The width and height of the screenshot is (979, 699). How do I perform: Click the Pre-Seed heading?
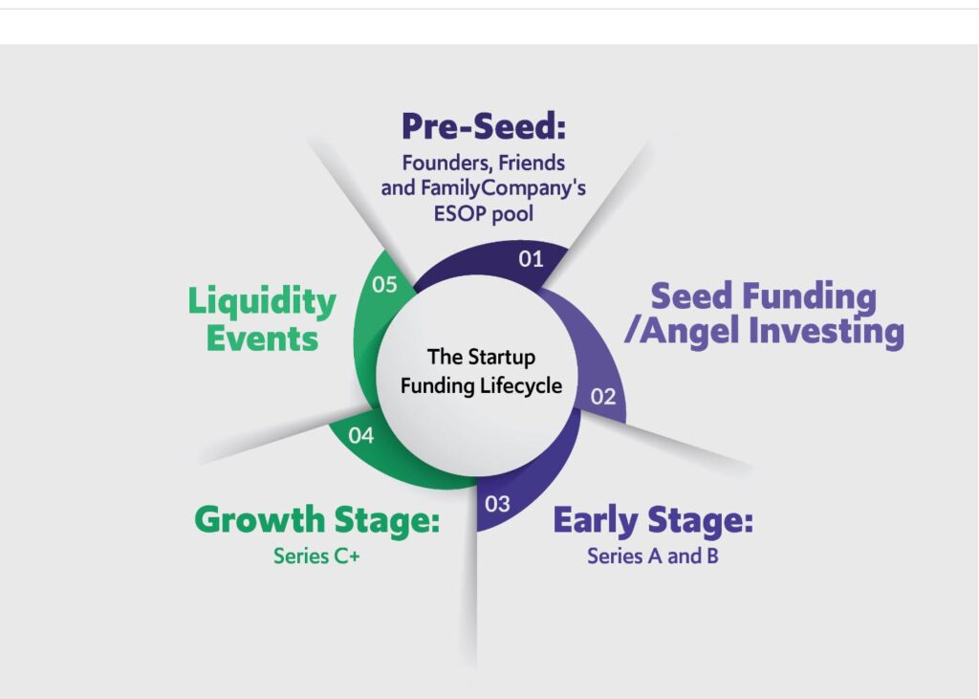click(x=484, y=126)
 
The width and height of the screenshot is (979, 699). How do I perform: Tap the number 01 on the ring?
click(x=531, y=258)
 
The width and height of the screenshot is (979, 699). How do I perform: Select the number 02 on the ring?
click(x=603, y=397)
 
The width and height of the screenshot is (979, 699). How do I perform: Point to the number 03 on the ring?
click(x=497, y=504)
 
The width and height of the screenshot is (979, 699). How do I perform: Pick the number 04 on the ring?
click(x=360, y=435)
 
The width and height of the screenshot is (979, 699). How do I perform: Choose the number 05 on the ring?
click(x=384, y=284)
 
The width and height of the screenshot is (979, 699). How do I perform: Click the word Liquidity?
click(x=262, y=302)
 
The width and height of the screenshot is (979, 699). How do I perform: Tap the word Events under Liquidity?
click(x=262, y=339)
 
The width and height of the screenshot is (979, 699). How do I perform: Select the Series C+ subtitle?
click(x=316, y=556)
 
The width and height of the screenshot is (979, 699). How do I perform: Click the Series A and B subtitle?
click(x=652, y=556)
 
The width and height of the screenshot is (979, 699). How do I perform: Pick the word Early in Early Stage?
click(x=596, y=521)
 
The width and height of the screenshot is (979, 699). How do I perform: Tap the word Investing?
click(x=827, y=331)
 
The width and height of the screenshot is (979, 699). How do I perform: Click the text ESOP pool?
click(x=484, y=213)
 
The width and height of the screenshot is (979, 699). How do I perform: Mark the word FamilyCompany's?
click(x=503, y=188)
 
